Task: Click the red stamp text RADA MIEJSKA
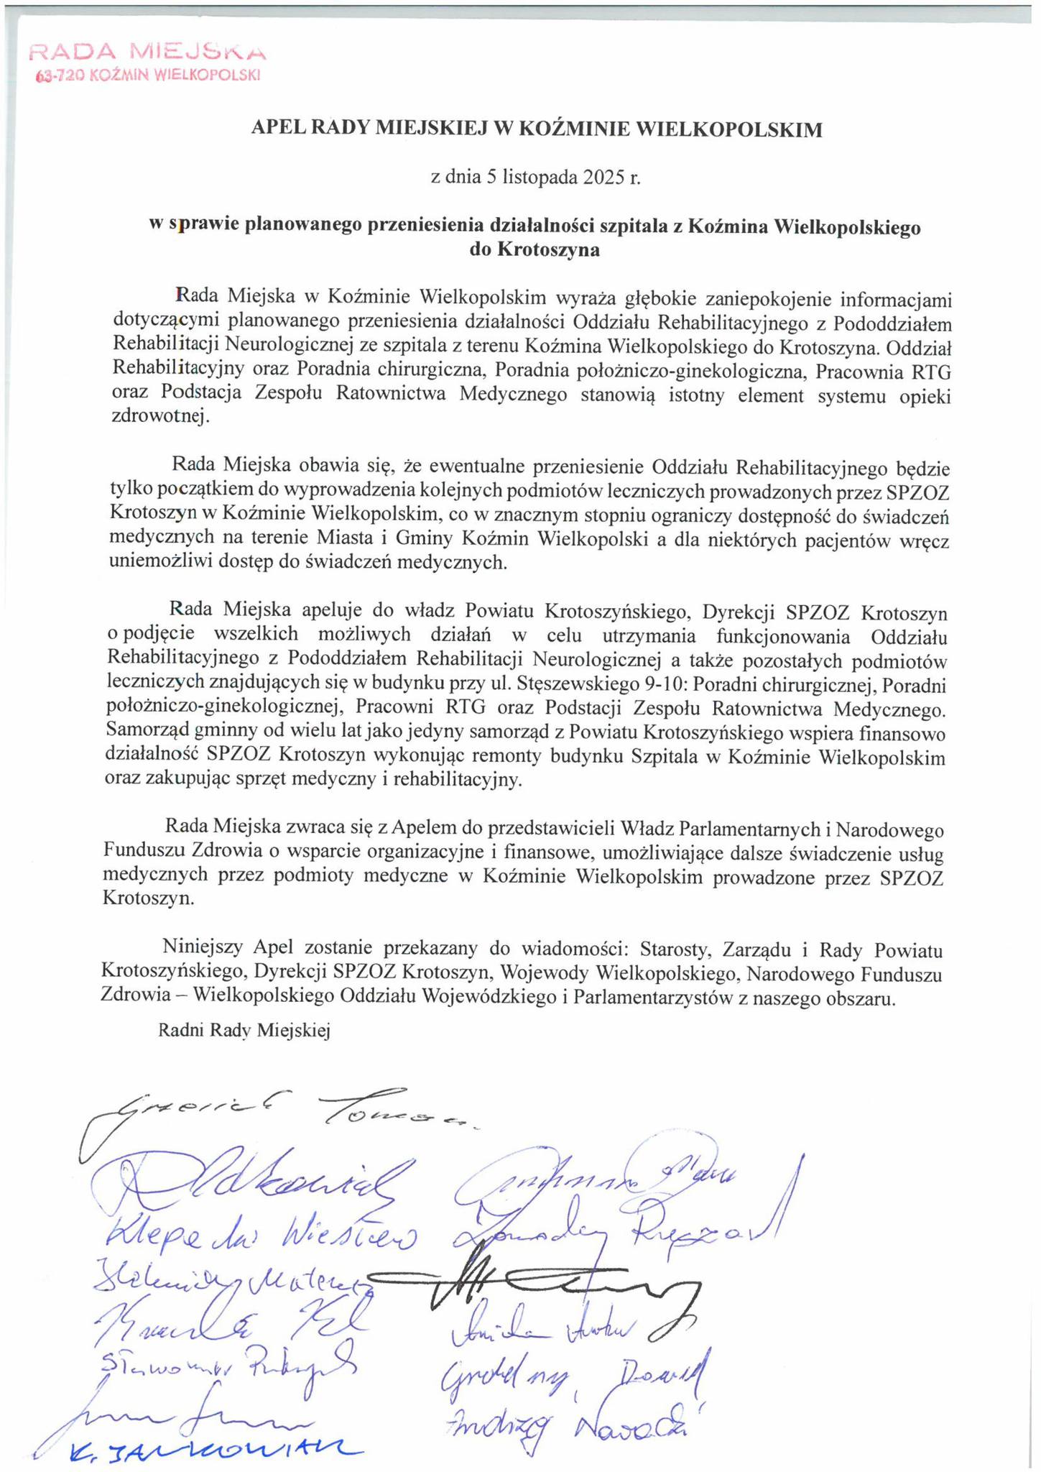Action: (147, 52)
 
